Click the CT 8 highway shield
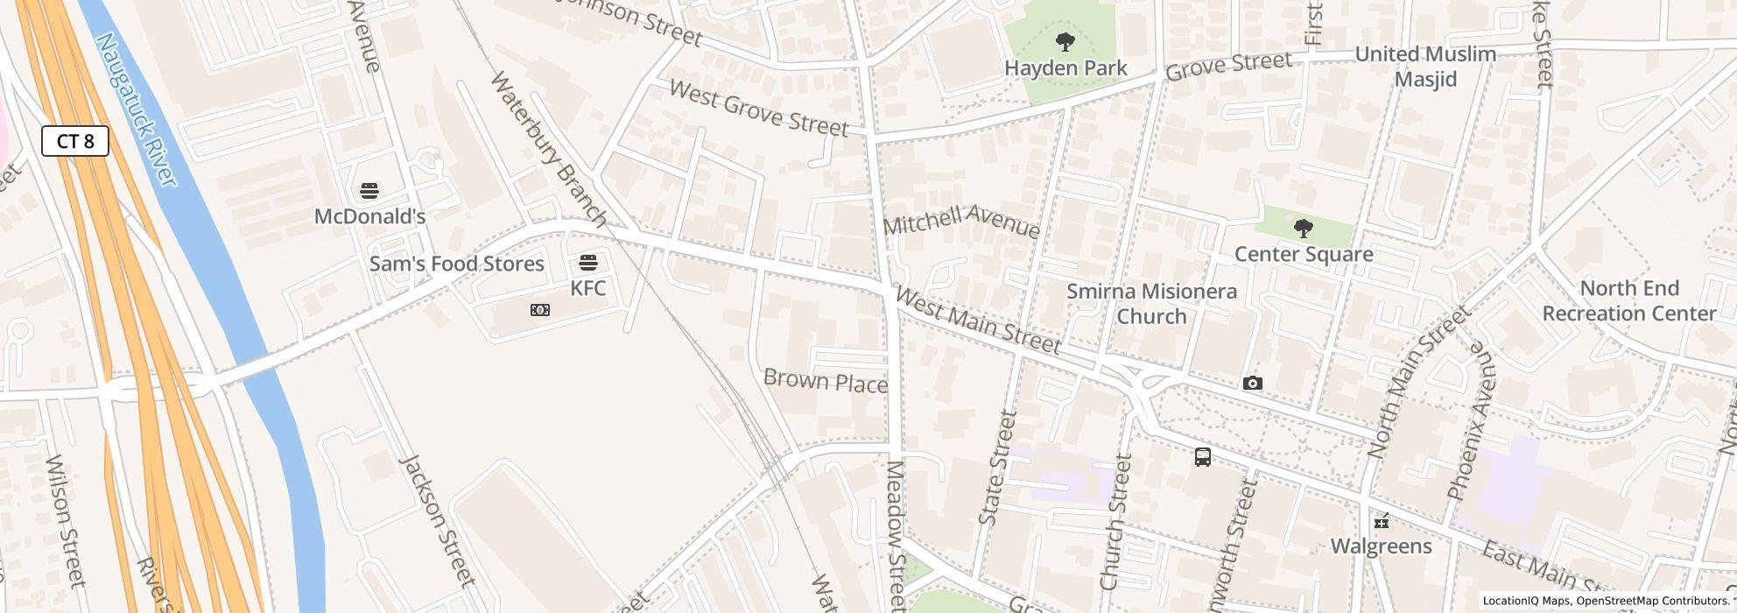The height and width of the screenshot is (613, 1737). (x=75, y=141)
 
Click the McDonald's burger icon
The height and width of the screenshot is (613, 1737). (x=369, y=190)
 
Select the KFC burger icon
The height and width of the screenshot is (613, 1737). (x=588, y=262)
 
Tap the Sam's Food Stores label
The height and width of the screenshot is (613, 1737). (x=456, y=264)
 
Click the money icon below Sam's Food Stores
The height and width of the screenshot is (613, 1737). (x=540, y=310)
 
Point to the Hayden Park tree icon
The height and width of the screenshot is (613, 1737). (x=1065, y=41)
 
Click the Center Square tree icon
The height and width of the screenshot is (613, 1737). (x=1303, y=229)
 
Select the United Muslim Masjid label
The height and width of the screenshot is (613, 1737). (x=1425, y=67)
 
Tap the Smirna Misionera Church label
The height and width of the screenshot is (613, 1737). (x=1151, y=303)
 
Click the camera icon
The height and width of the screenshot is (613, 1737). (x=1253, y=383)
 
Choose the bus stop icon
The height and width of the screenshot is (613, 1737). (x=1203, y=456)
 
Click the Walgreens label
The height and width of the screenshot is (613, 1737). (x=1381, y=546)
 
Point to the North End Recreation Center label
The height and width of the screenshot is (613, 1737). (x=1628, y=300)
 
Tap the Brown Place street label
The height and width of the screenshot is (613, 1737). (x=826, y=381)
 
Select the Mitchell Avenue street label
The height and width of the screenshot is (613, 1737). (x=961, y=221)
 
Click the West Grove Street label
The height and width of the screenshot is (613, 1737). (x=758, y=109)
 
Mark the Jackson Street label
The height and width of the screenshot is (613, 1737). (x=437, y=520)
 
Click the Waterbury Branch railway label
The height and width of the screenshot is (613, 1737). (x=548, y=147)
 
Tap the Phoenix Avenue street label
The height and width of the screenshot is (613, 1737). (x=1471, y=421)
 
